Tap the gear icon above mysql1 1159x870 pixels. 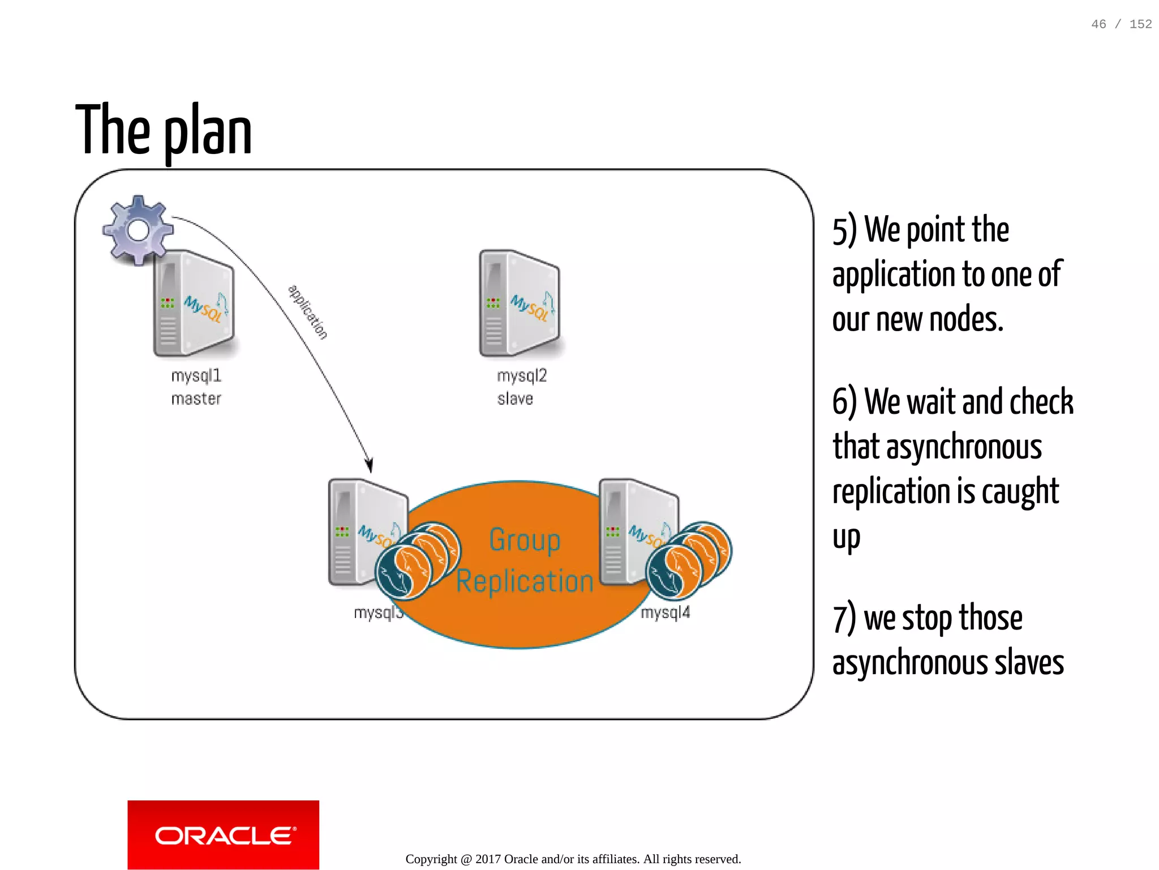click(138, 230)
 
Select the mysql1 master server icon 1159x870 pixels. click(194, 303)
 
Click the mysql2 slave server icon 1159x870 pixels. click(520, 303)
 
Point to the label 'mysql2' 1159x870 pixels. click(522, 376)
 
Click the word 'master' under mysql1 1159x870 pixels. click(196, 399)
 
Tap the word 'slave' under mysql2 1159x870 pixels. click(515, 399)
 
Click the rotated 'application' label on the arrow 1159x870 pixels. click(308, 312)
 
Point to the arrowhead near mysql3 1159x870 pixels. click(369, 465)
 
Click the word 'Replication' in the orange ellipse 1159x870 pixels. click(525, 581)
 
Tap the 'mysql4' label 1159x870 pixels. click(666, 612)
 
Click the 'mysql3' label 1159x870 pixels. click(377, 612)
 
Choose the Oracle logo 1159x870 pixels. click(224, 835)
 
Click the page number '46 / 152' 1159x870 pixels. click(1122, 24)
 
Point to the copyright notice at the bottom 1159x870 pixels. click(573, 859)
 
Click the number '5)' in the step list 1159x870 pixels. click(844, 230)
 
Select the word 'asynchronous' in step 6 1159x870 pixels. click(964, 447)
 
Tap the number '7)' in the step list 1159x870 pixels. click(844, 618)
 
